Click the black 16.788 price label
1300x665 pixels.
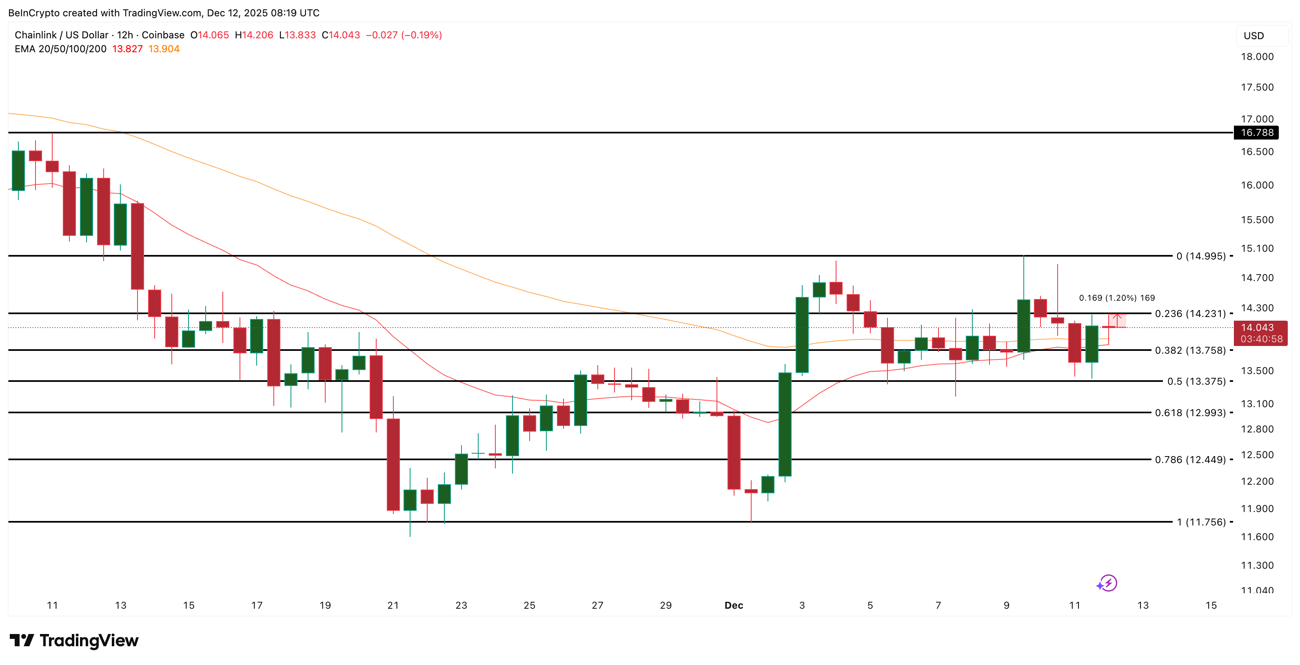1257,133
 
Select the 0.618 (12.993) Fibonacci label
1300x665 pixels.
1190,413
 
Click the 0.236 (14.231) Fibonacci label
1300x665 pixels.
1190,313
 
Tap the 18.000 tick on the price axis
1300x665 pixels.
1257,57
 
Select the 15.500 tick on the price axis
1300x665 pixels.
1257,219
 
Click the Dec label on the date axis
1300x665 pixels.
733,605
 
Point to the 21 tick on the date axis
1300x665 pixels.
393,605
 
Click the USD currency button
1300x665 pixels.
1253,36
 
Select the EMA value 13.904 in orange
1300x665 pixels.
164,49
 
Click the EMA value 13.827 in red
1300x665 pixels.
127,49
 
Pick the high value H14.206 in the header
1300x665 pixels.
254,35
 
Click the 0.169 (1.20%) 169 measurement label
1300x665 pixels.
1116,298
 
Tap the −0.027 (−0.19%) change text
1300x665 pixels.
403,35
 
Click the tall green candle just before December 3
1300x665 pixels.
785,424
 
